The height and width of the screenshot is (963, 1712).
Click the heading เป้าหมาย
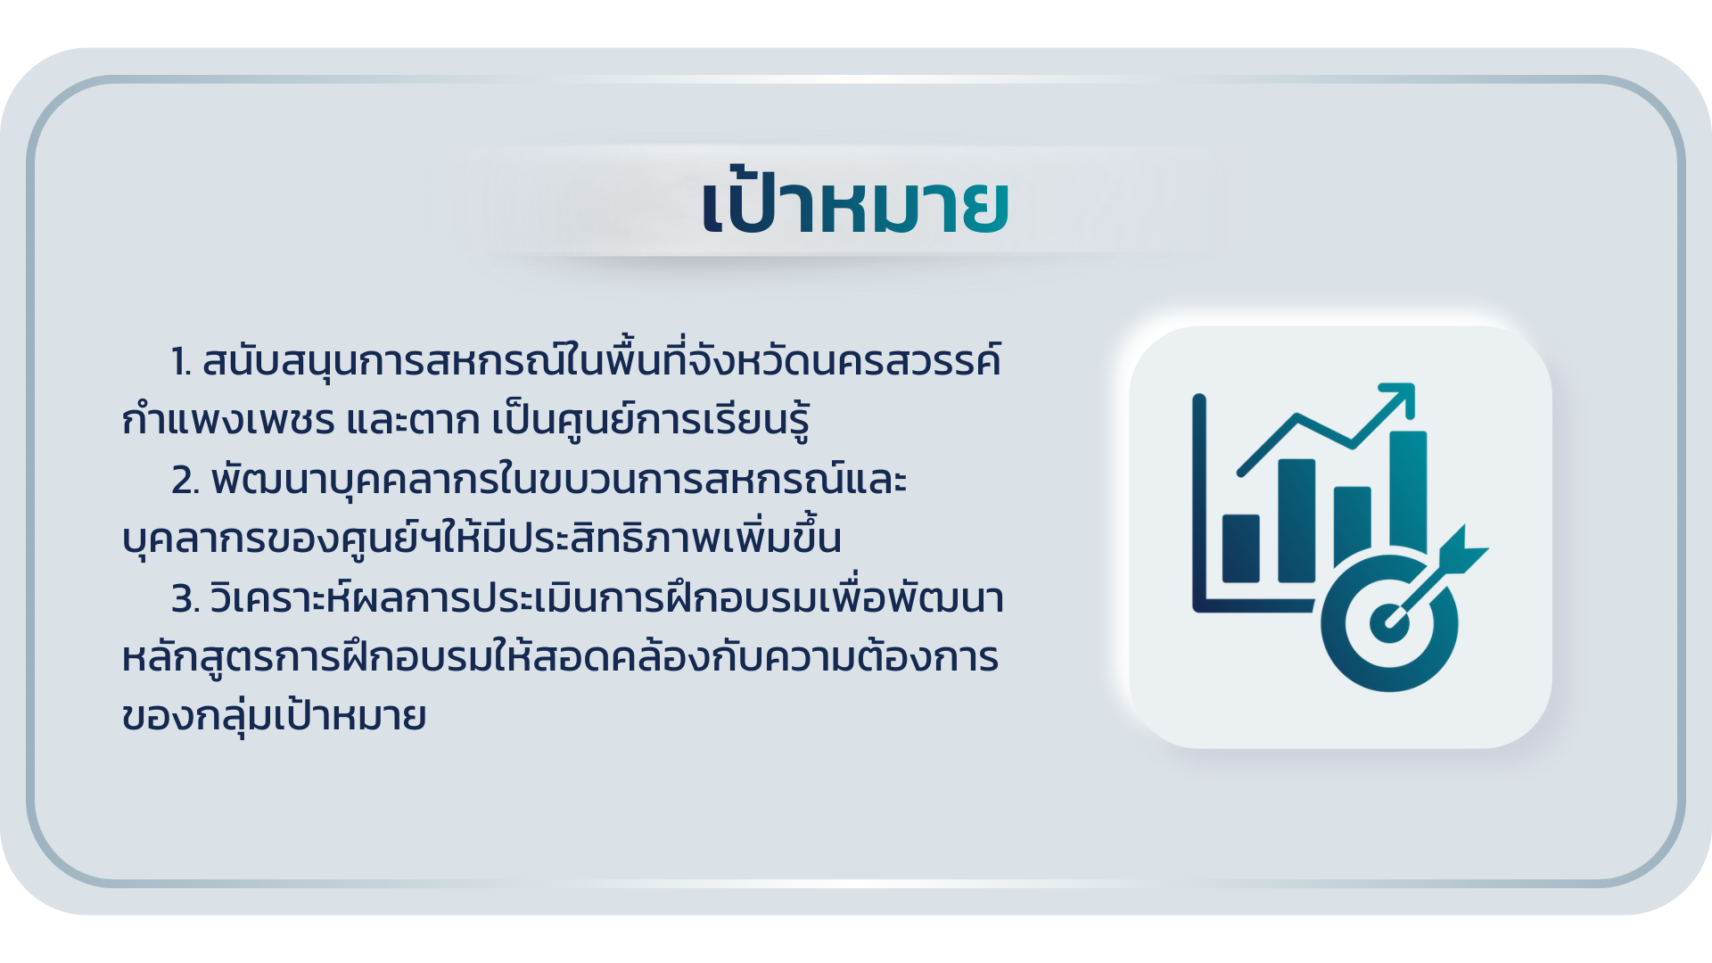(855, 202)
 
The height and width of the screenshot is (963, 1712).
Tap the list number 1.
(181, 362)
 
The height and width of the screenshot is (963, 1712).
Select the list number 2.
(185, 481)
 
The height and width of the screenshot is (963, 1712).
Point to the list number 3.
(185, 599)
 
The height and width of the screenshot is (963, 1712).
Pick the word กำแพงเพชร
(228, 419)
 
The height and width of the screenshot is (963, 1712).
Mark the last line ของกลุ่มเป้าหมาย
(274, 715)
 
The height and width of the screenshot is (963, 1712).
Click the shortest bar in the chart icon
(1240, 548)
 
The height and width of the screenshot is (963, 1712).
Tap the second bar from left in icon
(1296, 521)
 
